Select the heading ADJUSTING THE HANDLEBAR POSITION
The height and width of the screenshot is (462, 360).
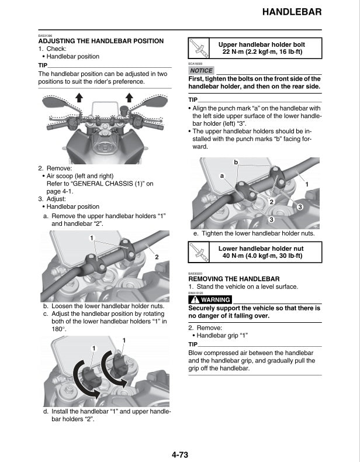point(101,41)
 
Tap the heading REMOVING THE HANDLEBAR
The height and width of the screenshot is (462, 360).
point(234,279)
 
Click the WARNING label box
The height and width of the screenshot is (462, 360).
point(210,300)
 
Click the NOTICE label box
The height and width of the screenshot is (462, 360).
point(201,70)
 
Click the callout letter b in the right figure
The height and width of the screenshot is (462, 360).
point(236,162)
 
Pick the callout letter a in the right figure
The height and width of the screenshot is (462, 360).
point(222,175)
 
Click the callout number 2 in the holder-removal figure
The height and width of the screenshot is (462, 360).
point(157,257)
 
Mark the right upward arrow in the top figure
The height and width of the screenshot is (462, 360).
point(130,98)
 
